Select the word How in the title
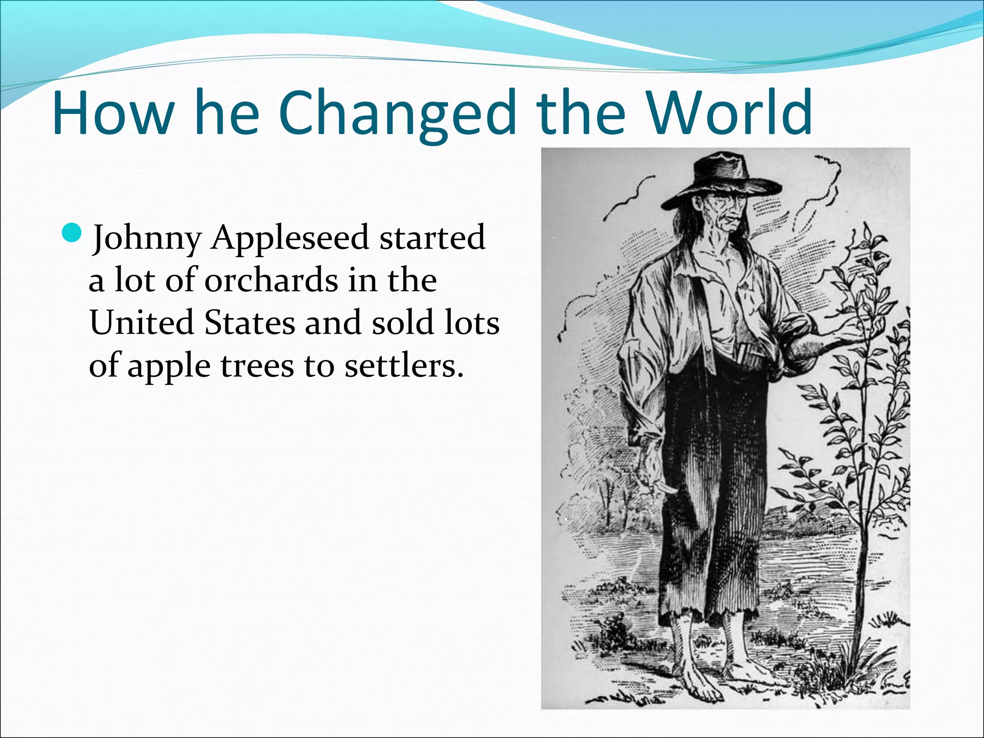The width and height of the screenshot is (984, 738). pyautogui.click(x=113, y=113)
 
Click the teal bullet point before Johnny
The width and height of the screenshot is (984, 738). pyautogui.click(x=74, y=233)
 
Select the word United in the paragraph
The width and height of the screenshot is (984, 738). pyautogui.click(x=141, y=322)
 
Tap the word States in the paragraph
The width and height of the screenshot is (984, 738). pyautogui.click(x=250, y=322)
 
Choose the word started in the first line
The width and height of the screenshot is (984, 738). pyautogui.click(x=432, y=238)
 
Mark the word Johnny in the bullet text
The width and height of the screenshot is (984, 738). pyautogui.click(x=147, y=239)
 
